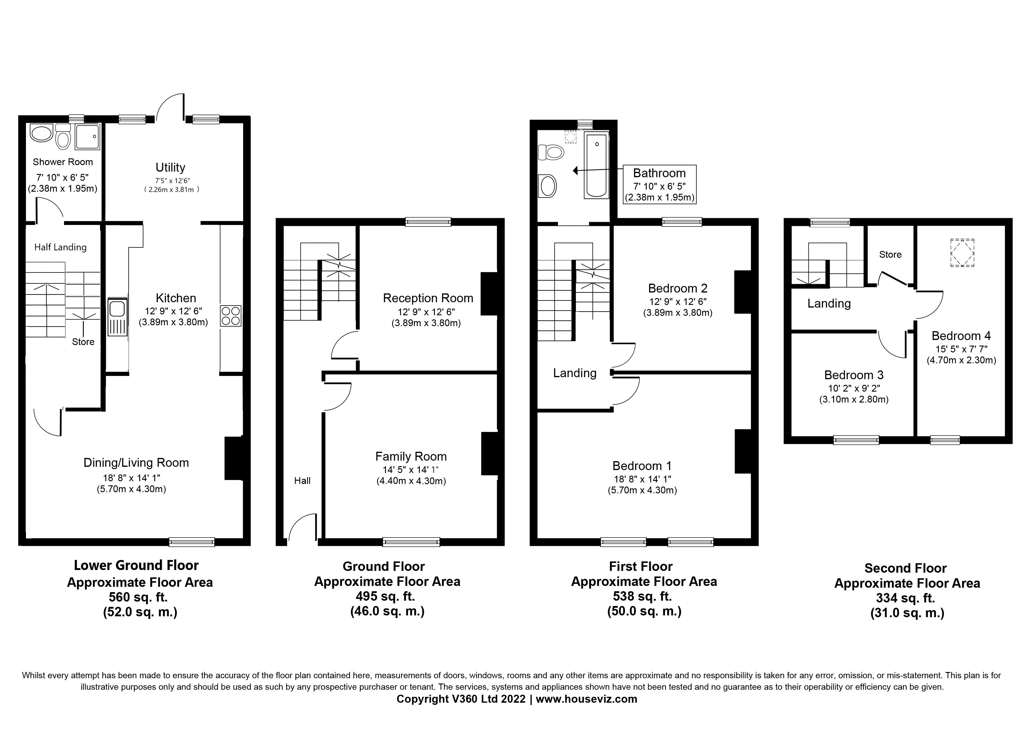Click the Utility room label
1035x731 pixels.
pyautogui.click(x=171, y=167)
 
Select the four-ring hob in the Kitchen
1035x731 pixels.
pyautogui.click(x=231, y=316)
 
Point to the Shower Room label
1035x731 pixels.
pyautogui.click(x=63, y=162)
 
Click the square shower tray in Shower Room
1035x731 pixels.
pyautogui.click(x=87, y=137)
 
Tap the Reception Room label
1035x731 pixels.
pyautogui.click(x=428, y=298)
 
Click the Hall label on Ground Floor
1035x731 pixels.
pyautogui.click(x=302, y=481)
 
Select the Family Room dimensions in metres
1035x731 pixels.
pyautogui.click(x=411, y=481)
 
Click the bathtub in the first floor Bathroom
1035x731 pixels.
pyautogui.click(x=596, y=165)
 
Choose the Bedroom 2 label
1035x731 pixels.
pyautogui.click(x=677, y=288)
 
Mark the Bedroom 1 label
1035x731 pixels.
pyautogui.click(x=642, y=466)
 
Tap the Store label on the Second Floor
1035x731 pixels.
pyautogui.click(x=890, y=254)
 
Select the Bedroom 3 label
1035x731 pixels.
pyautogui.click(x=854, y=375)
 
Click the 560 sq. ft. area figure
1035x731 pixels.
pyautogui.click(x=138, y=597)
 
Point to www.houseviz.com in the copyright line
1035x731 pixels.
pyautogui.click(x=587, y=699)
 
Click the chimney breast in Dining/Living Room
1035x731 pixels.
pyautogui.click(x=234, y=458)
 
